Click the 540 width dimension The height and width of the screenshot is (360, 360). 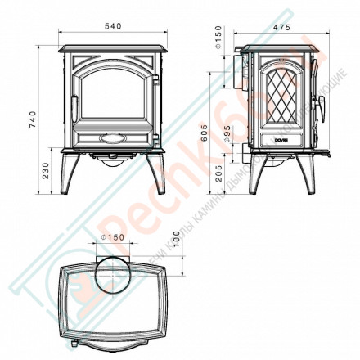point(115,27)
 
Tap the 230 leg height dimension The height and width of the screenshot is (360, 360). point(44,169)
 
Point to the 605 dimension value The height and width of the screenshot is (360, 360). point(215,131)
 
